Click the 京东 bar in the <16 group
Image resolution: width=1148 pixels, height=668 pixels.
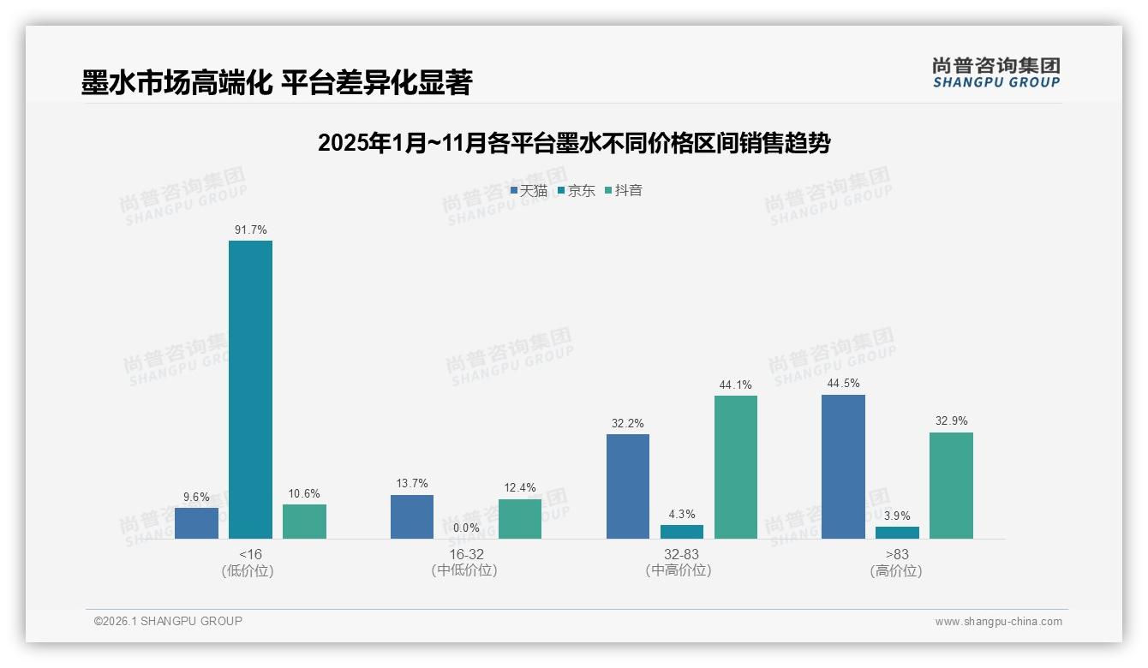(250, 390)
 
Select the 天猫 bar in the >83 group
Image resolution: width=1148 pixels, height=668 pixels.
(843, 467)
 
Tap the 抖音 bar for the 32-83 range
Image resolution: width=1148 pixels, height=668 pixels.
(736, 467)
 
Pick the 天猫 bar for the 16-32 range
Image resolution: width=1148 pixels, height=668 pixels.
(412, 516)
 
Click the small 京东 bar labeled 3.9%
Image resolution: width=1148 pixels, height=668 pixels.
(897, 533)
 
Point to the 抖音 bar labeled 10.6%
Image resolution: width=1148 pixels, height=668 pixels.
(304, 522)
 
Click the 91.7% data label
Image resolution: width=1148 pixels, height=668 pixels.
(251, 230)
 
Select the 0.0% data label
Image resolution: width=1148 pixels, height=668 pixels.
(466, 528)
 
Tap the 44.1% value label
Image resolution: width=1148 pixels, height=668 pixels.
(736, 385)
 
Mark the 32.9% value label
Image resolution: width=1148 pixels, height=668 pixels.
(952, 420)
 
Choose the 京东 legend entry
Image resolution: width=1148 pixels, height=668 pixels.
(577, 190)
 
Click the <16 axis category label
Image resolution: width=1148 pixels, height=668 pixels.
(251, 554)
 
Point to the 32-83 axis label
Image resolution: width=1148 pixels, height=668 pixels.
(682, 554)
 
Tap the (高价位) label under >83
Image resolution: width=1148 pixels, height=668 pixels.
(897, 570)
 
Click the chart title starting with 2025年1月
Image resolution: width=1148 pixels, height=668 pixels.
(574, 143)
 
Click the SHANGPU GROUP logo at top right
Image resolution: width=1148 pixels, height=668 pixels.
(996, 72)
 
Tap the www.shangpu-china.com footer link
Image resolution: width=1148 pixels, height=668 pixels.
(998, 622)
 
